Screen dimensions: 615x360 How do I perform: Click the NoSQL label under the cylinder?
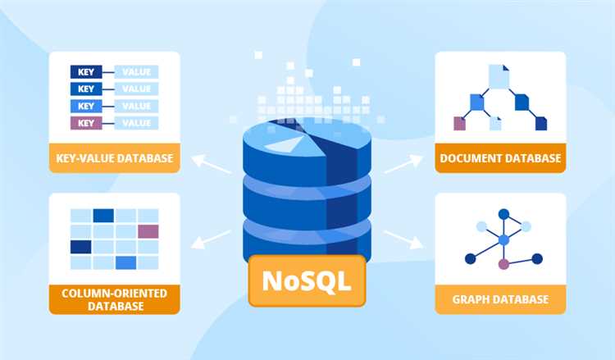click(307, 280)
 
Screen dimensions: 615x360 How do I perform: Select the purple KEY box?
click(86, 123)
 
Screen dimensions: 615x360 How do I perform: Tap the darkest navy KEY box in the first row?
click(86, 72)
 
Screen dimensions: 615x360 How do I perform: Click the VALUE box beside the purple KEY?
click(136, 123)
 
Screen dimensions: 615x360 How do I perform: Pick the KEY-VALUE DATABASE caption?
click(115, 158)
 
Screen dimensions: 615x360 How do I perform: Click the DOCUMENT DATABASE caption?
click(500, 158)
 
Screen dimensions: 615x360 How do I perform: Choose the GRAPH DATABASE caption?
click(500, 299)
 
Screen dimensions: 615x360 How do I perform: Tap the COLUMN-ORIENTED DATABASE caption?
click(115, 299)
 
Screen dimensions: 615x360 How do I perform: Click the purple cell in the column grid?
click(148, 231)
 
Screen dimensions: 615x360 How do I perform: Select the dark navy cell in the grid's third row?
click(81, 247)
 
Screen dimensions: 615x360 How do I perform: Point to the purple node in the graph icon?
click(503, 264)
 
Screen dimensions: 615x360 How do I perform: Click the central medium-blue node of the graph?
click(503, 240)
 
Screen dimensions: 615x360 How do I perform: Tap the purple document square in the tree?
click(459, 124)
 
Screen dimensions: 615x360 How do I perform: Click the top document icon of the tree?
click(499, 76)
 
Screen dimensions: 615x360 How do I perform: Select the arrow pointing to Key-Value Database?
click(211, 164)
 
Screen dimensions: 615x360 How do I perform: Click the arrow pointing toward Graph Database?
click(403, 239)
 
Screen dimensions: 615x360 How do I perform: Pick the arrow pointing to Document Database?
click(403, 163)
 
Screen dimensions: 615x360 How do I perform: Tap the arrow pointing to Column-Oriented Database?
click(211, 239)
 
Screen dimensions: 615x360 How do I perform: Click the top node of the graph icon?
click(503, 215)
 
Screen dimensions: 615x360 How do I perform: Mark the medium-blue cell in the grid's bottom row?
click(126, 262)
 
